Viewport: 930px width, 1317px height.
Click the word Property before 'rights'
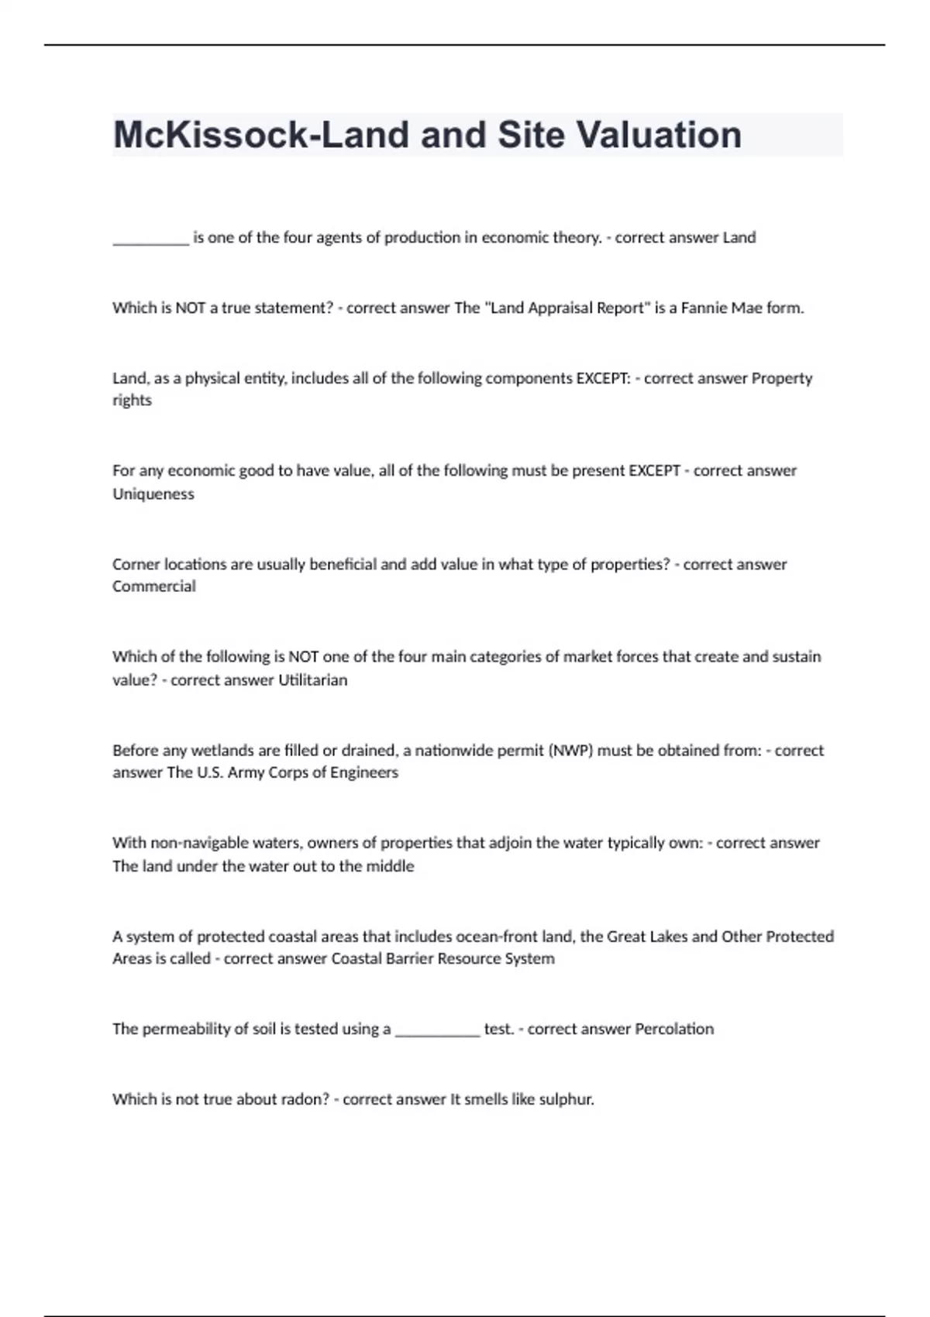point(782,378)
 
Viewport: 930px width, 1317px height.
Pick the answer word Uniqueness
point(153,493)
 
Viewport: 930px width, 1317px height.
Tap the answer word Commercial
point(153,586)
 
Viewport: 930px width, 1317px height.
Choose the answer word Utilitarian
point(312,680)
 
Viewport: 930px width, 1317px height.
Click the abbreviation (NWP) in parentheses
point(570,750)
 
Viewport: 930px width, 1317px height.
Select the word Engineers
point(364,772)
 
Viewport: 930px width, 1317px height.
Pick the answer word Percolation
point(674,1029)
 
